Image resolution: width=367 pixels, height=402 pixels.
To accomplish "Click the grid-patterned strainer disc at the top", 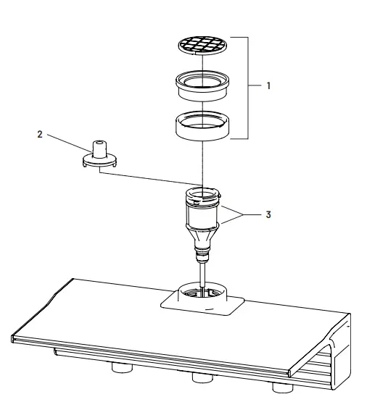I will coord(203,46).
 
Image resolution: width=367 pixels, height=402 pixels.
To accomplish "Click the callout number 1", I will coord(269,85).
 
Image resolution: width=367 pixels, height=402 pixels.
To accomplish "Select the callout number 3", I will coord(268,215).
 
